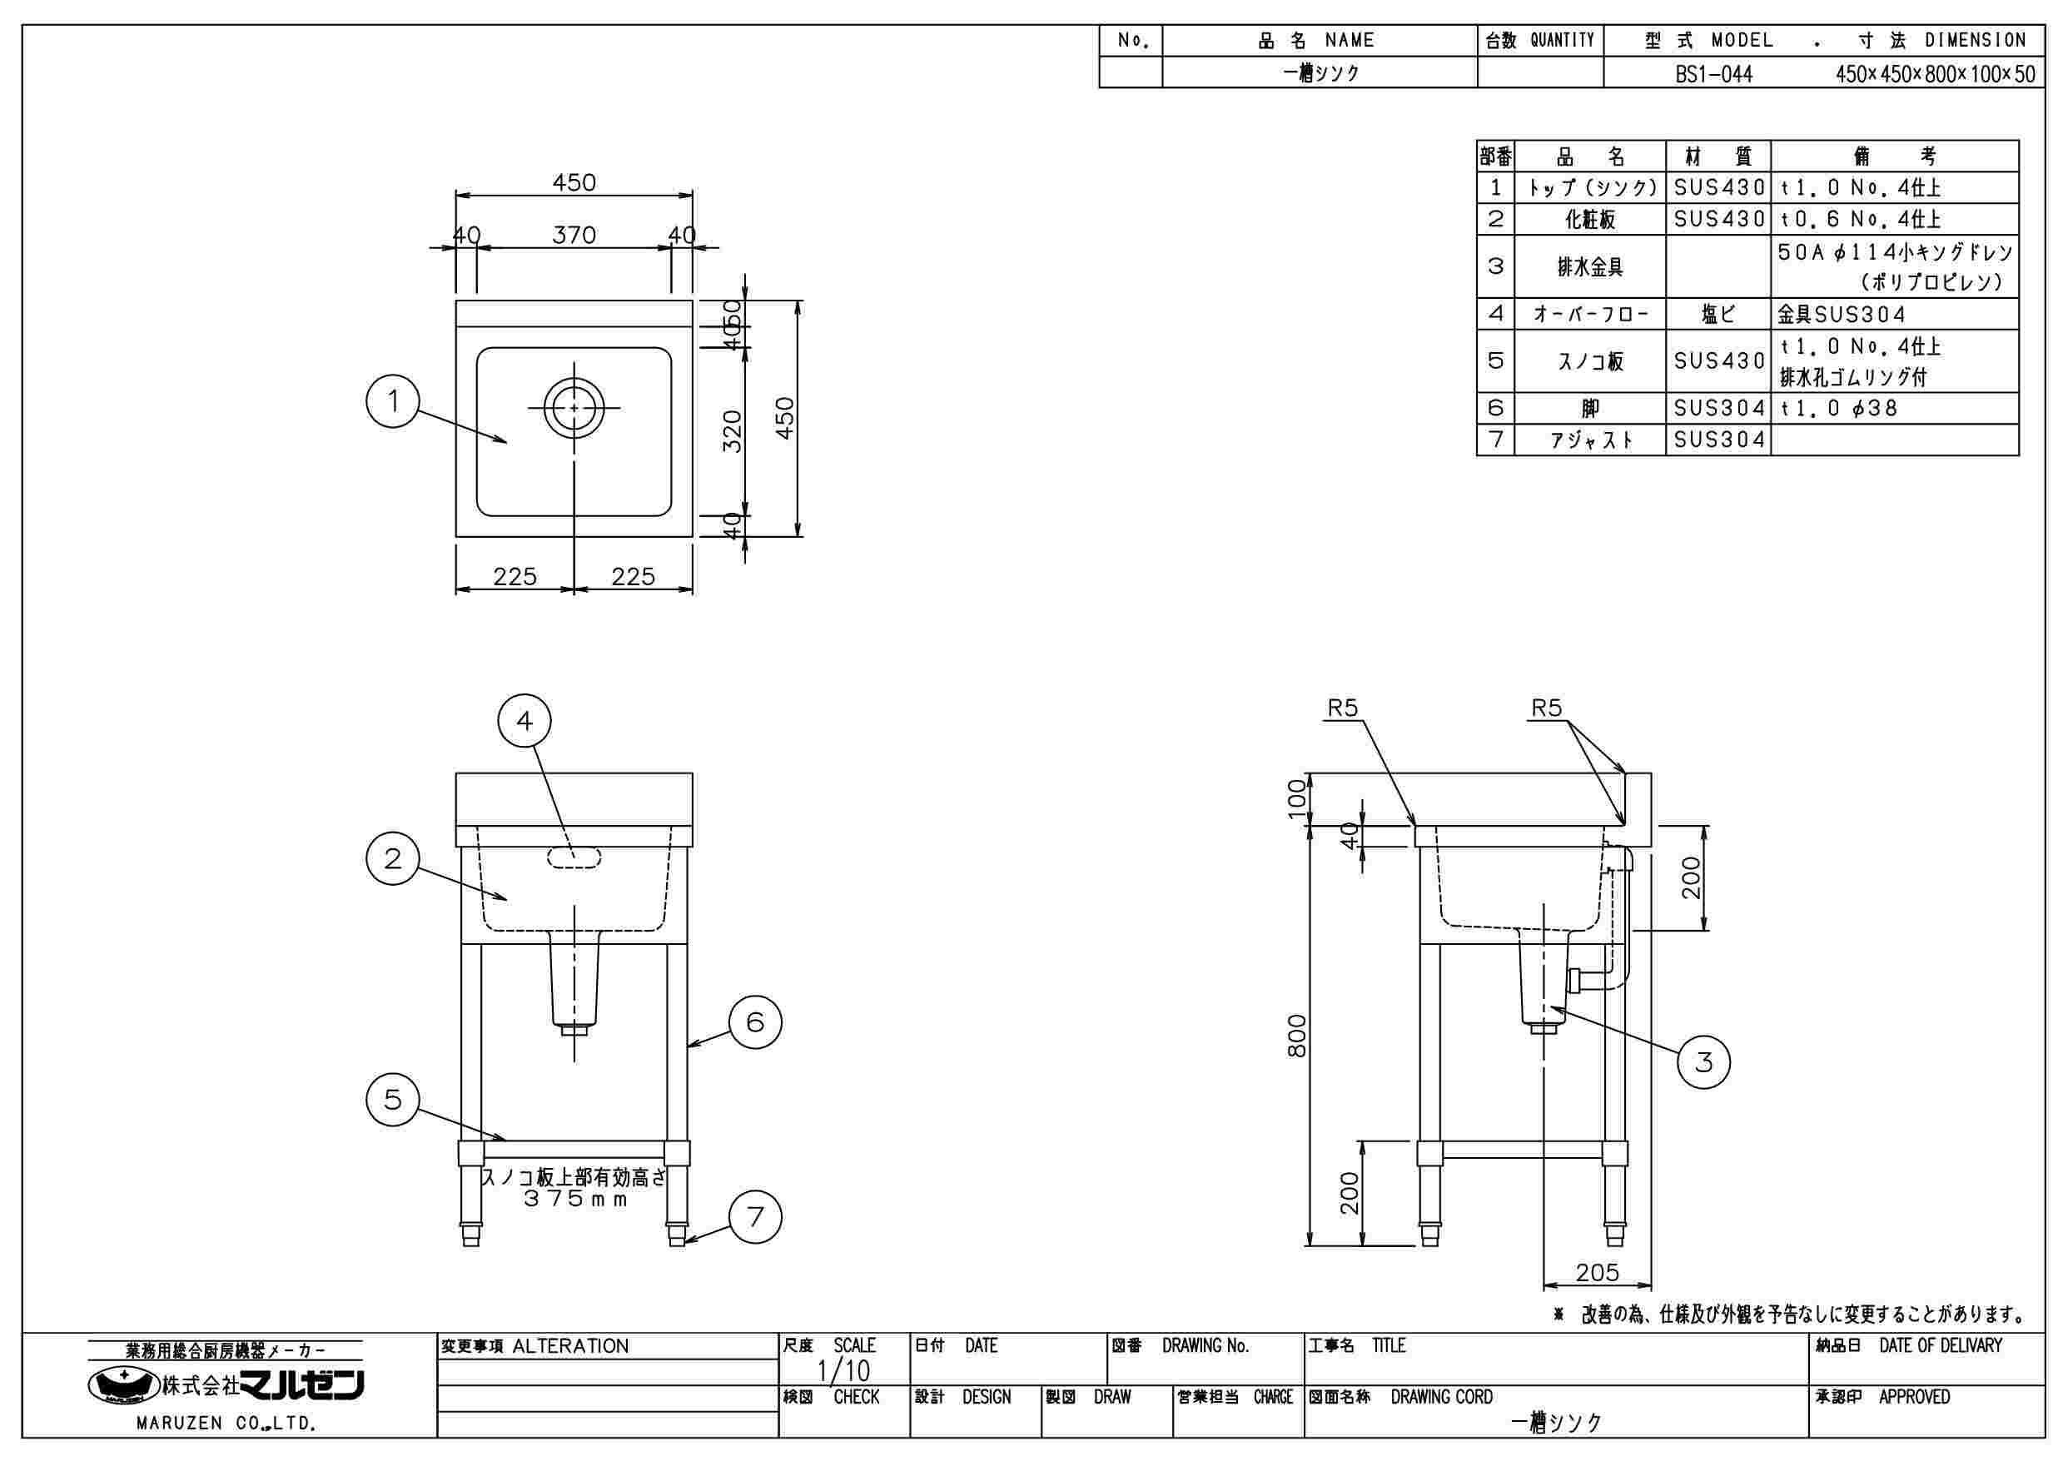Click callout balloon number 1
(x=393, y=402)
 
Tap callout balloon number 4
(x=524, y=720)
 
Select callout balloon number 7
(x=755, y=1217)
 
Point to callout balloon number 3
(x=1703, y=1062)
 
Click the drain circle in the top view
(x=574, y=408)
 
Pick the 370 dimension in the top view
(x=574, y=235)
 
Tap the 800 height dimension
(x=1296, y=1036)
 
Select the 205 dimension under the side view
(x=1597, y=1272)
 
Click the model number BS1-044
(x=1714, y=74)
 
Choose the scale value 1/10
(x=843, y=1371)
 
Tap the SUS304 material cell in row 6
(x=1718, y=408)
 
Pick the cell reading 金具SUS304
(x=1841, y=315)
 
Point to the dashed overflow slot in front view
(x=574, y=857)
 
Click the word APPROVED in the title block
(x=1914, y=1397)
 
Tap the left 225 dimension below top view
(x=515, y=575)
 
